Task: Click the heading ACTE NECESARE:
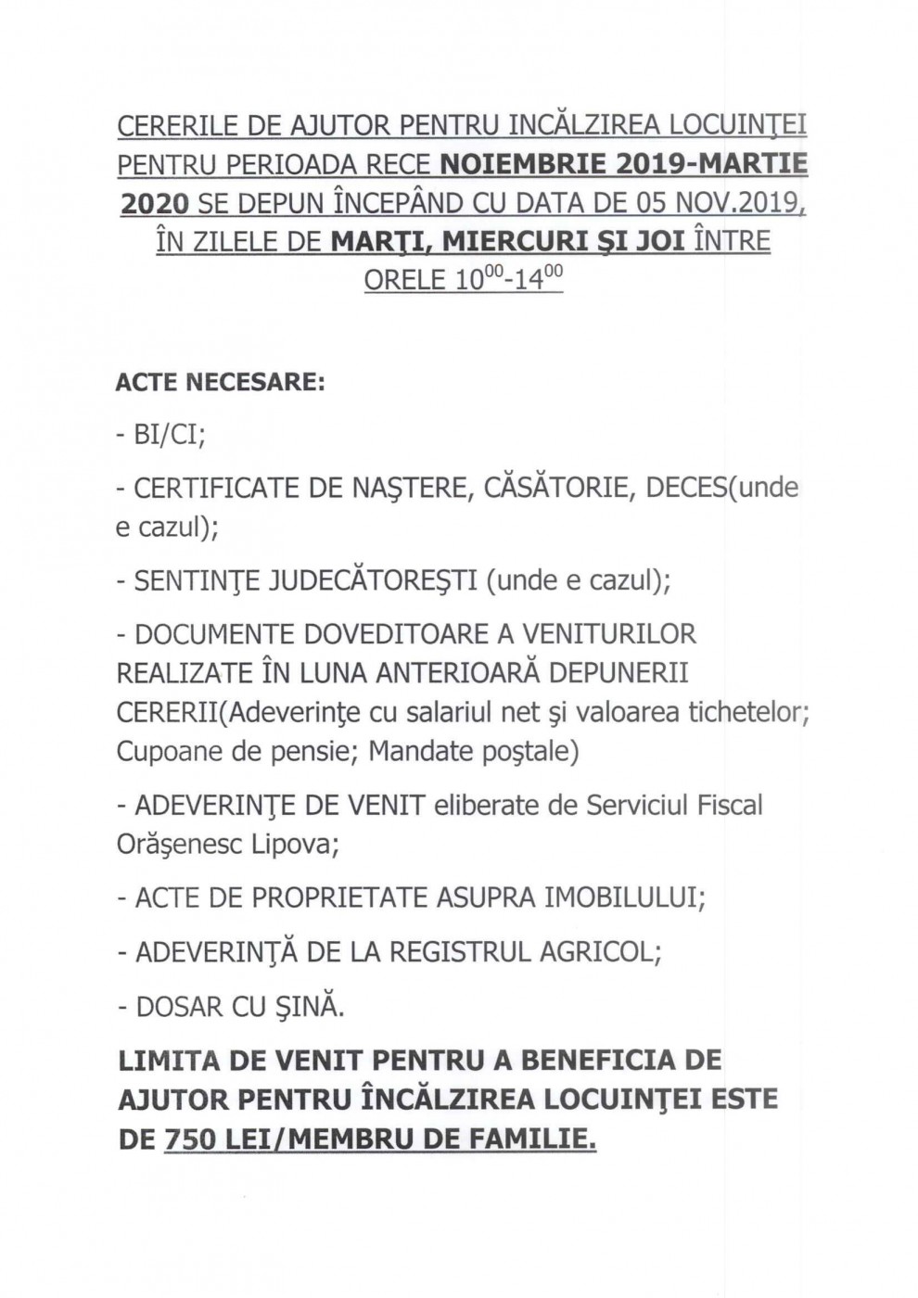click(221, 382)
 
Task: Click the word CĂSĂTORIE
click(553, 488)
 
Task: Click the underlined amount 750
click(190, 1139)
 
